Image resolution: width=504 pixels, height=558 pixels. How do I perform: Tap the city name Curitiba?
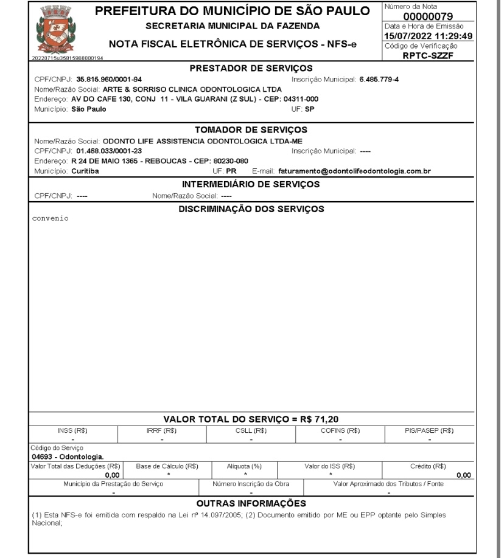[x=85, y=171]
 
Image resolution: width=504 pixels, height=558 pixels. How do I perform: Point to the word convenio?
[x=50, y=219]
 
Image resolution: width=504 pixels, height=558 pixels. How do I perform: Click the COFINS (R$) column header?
[x=340, y=430]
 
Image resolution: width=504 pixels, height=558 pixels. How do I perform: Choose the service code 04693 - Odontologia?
[x=68, y=455]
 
